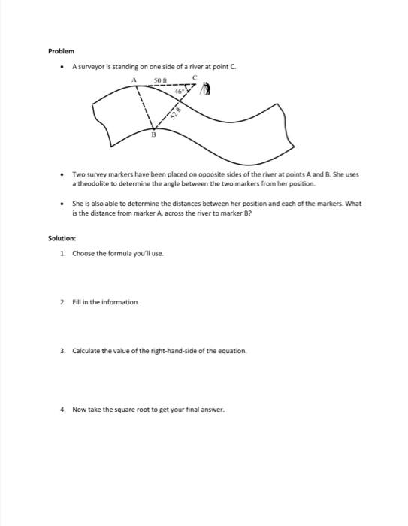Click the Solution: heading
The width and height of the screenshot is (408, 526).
click(62, 239)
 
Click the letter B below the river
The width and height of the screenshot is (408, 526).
click(154, 135)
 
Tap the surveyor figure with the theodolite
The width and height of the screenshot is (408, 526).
click(208, 91)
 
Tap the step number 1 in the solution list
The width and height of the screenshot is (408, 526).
click(62, 253)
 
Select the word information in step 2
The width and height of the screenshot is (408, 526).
click(121, 302)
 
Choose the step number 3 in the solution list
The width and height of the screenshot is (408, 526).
click(62, 351)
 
